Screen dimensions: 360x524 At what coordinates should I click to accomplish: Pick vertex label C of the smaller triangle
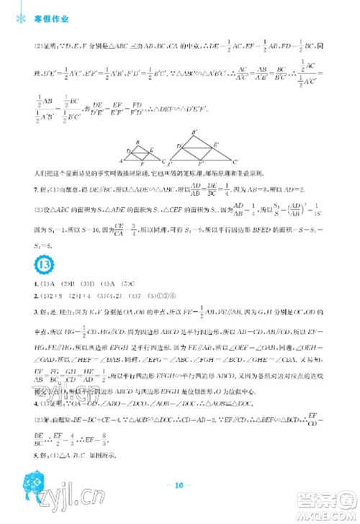164,161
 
